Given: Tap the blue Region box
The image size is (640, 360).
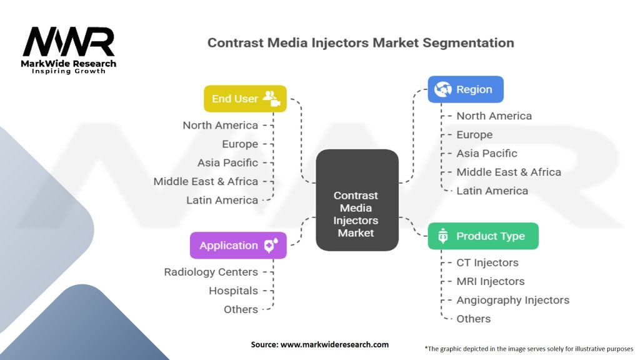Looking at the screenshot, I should coord(465,89).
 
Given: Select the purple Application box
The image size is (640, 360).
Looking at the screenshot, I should coord(238,246).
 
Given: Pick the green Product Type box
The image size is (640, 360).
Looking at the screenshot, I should coord(482,236).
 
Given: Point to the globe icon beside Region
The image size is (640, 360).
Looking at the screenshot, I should coord(443,89).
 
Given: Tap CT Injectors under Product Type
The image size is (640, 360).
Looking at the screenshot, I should coord(487,262).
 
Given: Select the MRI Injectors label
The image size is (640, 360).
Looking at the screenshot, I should coord(490,281).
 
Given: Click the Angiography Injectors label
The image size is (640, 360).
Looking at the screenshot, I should coord(512,300).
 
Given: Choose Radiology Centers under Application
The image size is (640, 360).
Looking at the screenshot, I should coord(211,272).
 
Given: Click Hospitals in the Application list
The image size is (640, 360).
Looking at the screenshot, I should coord(233,291).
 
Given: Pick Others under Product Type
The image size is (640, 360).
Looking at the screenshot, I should coord(473,319).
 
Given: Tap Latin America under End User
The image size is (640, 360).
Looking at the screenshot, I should coord(222,200).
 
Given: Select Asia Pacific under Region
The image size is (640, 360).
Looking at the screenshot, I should coord(486,153).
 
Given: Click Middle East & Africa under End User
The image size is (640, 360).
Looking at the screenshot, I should coord(206,181).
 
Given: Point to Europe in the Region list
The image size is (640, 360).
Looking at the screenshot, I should coord(474,134).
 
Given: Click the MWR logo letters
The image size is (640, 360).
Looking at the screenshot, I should coord(69,42).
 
